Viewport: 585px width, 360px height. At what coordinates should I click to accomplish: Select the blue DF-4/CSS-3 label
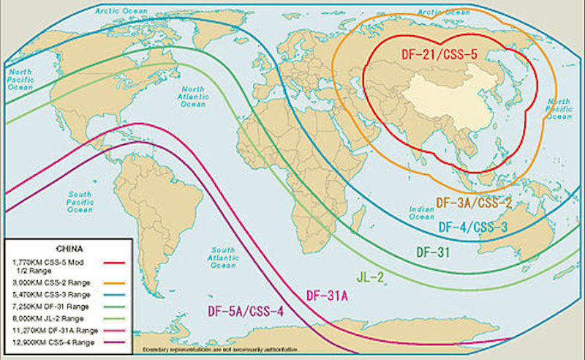pyautogui.click(x=475, y=227)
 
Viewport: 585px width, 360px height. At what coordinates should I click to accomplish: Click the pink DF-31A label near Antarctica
pyautogui.click(x=326, y=296)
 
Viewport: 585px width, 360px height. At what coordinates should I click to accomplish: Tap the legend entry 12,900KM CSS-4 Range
pyautogui.click(x=48, y=340)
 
